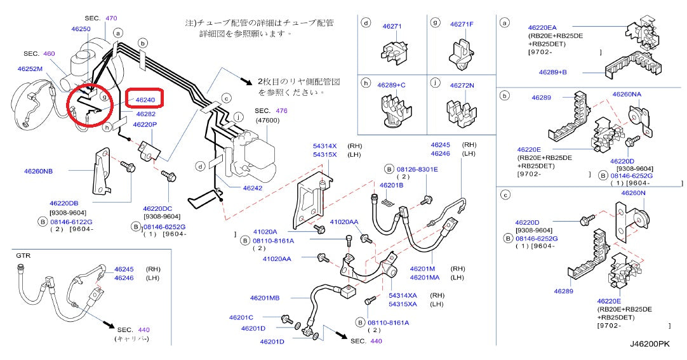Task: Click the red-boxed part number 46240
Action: pyautogui.click(x=145, y=100)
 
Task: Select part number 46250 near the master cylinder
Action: pyautogui.click(x=80, y=29)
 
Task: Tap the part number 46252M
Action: pyautogui.click(x=30, y=69)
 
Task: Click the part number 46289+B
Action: pyautogui.click(x=552, y=72)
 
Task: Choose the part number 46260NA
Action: pyautogui.click(x=627, y=94)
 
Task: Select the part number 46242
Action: pyautogui.click(x=252, y=188)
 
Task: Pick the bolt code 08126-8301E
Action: pyautogui.click(x=417, y=169)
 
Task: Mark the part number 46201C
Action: pyautogui.click(x=241, y=317)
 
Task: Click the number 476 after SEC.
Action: pyautogui.click(x=283, y=110)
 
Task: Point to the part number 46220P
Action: pyautogui.click(x=145, y=124)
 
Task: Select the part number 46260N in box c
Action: pyautogui.click(x=633, y=192)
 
